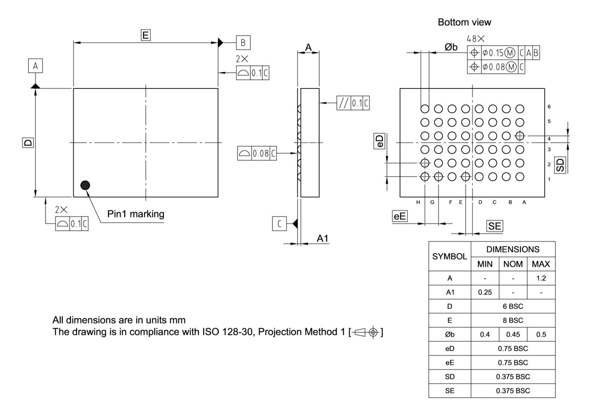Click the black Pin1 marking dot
pyautogui.click(x=85, y=185)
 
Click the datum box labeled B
pyautogui.click(x=243, y=43)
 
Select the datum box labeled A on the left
pyautogui.click(x=35, y=66)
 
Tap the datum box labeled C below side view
pyautogui.click(x=279, y=224)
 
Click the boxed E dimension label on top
pyautogui.click(x=145, y=35)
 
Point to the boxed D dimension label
pyautogui.click(x=28, y=143)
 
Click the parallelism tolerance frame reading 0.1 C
pyautogui.click(x=353, y=103)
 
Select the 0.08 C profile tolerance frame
pyautogui.click(x=257, y=153)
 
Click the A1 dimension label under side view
pyautogui.click(x=323, y=238)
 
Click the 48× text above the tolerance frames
pyautogui.click(x=475, y=39)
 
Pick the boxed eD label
pyautogui.click(x=379, y=141)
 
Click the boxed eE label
pyautogui.click(x=399, y=216)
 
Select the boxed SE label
pyautogui.click(x=495, y=226)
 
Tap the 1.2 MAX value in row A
pyautogui.click(x=541, y=278)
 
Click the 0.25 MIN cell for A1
pyautogui.click(x=485, y=293)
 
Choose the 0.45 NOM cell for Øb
pyautogui.click(x=513, y=335)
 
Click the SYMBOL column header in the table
pyautogui.click(x=450, y=256)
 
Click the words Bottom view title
pyautogui.click(x=464, y=22)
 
